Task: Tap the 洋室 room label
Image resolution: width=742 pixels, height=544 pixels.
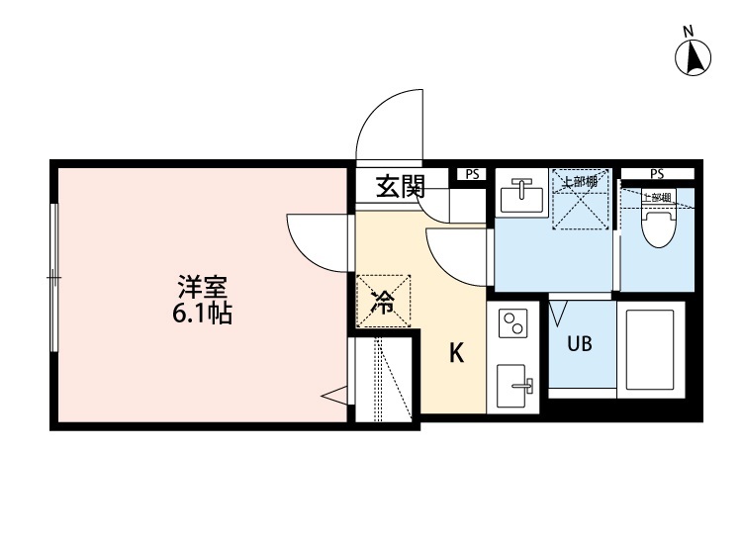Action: coord(203,289)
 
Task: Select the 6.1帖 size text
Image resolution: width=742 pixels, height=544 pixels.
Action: coord(202,317)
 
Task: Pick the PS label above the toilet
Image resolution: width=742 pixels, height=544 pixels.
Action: coord(657,174)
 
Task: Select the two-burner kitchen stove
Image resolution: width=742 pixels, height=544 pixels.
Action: coord(514,323)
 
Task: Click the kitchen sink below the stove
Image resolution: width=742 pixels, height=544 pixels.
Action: coord(514,380)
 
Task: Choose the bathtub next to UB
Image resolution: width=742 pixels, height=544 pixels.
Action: coord(650,348)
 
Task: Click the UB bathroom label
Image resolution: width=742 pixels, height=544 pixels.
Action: coord(580,345)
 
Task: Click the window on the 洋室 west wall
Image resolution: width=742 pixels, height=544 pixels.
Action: coord(55,280)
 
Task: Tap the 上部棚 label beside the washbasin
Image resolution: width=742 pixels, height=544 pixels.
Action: coord(579,182)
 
